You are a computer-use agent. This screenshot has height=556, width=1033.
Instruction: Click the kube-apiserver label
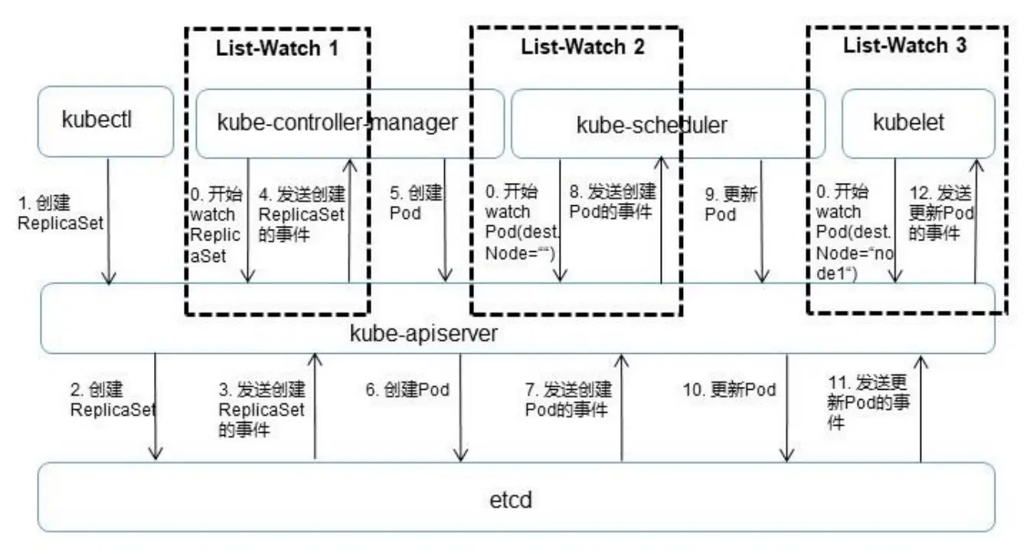pyautogui.click(x=424, y=333)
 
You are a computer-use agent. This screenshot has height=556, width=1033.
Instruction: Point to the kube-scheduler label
pyautogui.click(x=652, y=124)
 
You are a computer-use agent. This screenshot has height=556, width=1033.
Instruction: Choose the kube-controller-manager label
pyautogui.click(x=338, y=123)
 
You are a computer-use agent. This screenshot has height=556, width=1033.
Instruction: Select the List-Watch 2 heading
pyautogui.click(x=583, y=47)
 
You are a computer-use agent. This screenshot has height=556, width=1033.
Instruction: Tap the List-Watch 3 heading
pyautogui.click(x=904, y=45)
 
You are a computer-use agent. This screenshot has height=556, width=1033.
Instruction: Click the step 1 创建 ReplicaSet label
pyautogui.click(x=60, y=214)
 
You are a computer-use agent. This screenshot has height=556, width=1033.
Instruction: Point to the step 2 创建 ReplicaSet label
pyautogui.click(x=112, y=400)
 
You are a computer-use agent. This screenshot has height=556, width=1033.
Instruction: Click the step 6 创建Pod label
pyautogui.click(x=407, y=390)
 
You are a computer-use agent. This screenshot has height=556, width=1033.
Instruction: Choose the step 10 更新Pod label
pyautogui.click(x=729, y=390)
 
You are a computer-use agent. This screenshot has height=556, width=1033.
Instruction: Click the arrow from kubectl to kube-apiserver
pyautogui.click(x=109, y=222)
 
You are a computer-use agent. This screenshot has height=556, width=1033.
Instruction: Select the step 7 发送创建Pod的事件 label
pyautogui.click(x=567, y=399)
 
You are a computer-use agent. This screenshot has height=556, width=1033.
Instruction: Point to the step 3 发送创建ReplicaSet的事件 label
pyautogui.click(x=261, y=410)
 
